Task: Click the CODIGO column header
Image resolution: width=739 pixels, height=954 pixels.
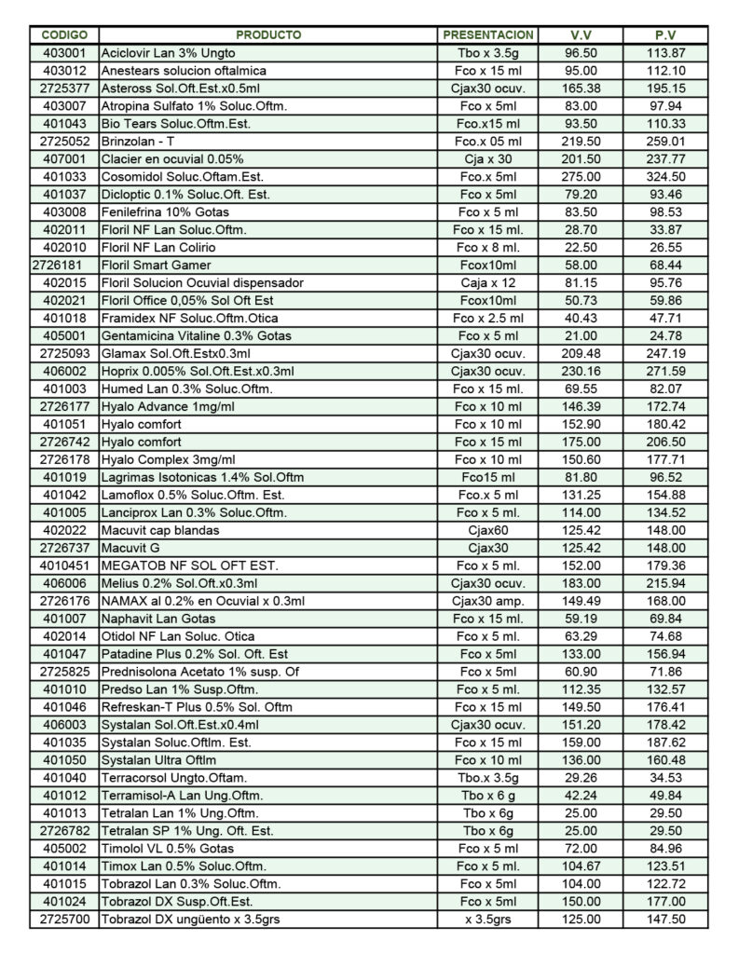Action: [x=64, y=35]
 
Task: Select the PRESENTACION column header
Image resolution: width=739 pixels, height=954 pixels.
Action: [x=488, y=35]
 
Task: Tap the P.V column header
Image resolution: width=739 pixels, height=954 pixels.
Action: [x=665, y=35]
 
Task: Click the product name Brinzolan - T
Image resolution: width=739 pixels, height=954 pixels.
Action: [x=137, y=142]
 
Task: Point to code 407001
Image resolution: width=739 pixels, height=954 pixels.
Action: [x=64, y=159]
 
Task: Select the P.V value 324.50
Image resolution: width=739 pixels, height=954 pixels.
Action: [x=665, y=177]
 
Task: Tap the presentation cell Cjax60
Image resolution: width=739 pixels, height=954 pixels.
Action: [x=488, y=530]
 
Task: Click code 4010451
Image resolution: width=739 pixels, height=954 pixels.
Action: [x=64, y=566]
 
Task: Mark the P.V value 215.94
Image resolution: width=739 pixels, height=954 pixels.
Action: [x=665, y=583]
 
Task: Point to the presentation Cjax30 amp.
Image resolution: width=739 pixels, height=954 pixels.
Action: [x=488, y=601]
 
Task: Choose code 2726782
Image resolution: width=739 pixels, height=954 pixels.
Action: [x=64, y=831]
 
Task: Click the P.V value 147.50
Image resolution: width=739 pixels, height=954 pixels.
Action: [x=665, y=920]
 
